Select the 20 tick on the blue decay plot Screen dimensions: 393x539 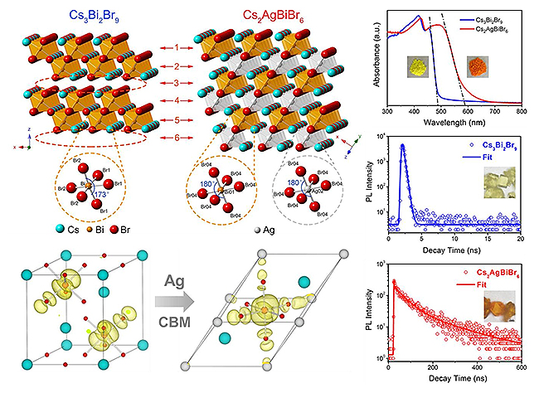pos(520,240)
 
